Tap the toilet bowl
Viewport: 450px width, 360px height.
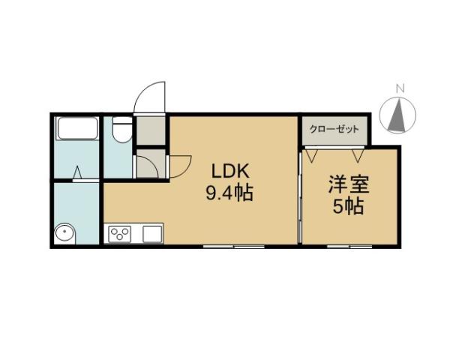pyautogui.click(x=118, y=132)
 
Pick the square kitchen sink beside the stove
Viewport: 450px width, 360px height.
pyautogui.click(x=152, y=234)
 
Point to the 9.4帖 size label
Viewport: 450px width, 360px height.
pyautogui.click(x=229, y=193)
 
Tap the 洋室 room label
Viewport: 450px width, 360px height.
pyautogui.click(x=348, y=184)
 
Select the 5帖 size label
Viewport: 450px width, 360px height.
pyautogui.click(x=348, y=206)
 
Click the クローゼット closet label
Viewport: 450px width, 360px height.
pyautogui.click(x=335, y=129)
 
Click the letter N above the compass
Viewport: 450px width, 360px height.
pyautogui.click(x=400, y=88)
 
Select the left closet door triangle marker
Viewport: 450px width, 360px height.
pyautogui.click(x=311, y=156)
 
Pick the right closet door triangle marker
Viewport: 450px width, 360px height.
pyautogui.click(x=361, y=156)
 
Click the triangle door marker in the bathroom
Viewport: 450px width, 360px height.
pyautogui.click(x=77, y=174)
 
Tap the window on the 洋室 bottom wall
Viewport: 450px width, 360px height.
pyautogui.click(x=349, y=245)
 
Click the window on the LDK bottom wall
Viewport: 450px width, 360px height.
pyautogui.click(x=234, y=245)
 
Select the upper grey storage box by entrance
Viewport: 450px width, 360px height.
pyautogui.click(x=150, y=131)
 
